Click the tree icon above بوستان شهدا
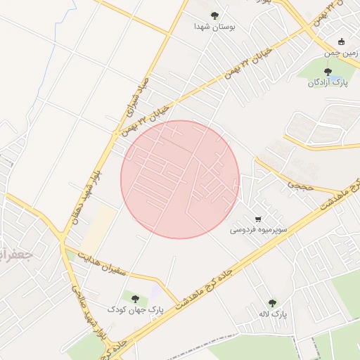pyautogui.click(x=214, y=15)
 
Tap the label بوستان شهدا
pyautogui.click(x=214, y=27)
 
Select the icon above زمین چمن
pyautogui.click(x=342, y=41)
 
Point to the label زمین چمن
pyautogui.click(x=342, y=53)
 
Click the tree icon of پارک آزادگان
pyautogui.click(x=327, y=71)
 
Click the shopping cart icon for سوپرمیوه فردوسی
pyautogui.click(x=259, y=218)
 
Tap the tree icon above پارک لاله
pyautogui.click(x=272, y=302)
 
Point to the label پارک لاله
pyautogui.click(x=272, y=314)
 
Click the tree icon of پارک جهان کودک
pyautogui.click(x=135, y=298)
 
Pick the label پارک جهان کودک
pyautogui.click(x=135, y=309)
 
